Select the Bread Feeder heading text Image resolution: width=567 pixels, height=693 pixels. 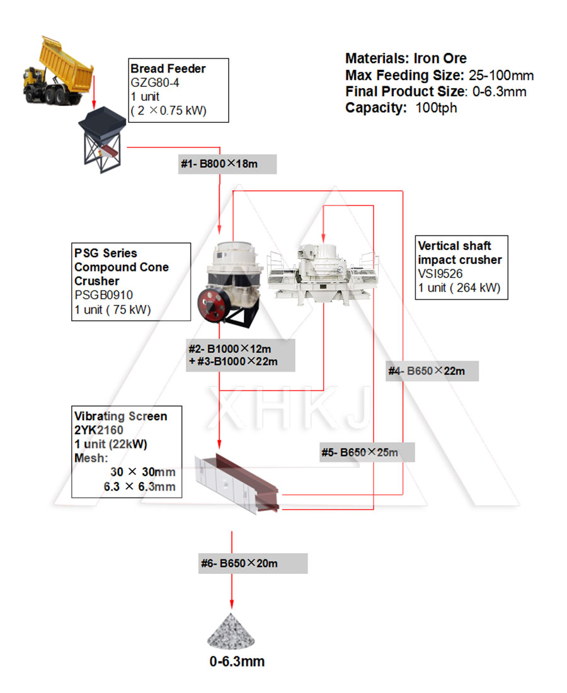168,69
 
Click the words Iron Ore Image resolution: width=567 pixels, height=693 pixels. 440,59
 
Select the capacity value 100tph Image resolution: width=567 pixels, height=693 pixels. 436,108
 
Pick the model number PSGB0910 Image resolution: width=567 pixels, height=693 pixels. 103,295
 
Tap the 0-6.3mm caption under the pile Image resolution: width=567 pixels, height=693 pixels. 237,661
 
